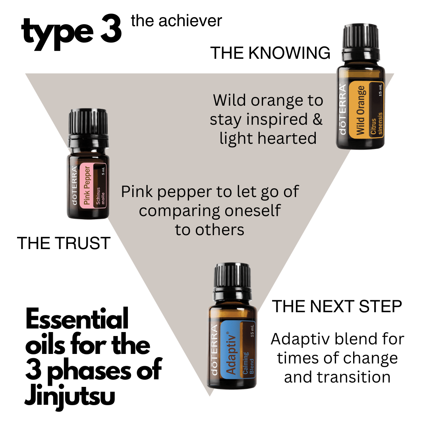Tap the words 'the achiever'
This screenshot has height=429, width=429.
(x=176, y=21)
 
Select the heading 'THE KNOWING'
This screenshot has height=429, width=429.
(x=270, y=53)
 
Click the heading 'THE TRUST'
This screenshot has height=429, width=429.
(x=64, y=243)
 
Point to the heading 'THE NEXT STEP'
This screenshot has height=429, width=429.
(x=337, y=306)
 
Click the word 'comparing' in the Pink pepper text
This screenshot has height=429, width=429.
(x=179, y=211)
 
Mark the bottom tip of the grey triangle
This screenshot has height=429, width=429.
(x=210, y=396)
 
